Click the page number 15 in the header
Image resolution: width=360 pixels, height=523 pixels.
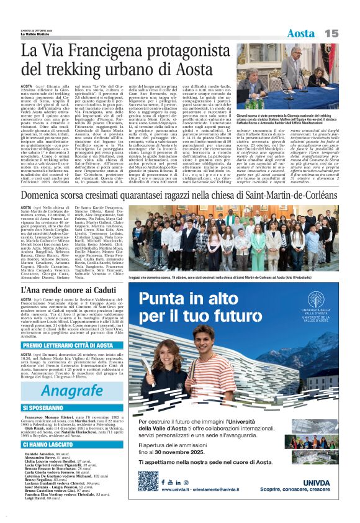pyautogui.click(x=332, y=32)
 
